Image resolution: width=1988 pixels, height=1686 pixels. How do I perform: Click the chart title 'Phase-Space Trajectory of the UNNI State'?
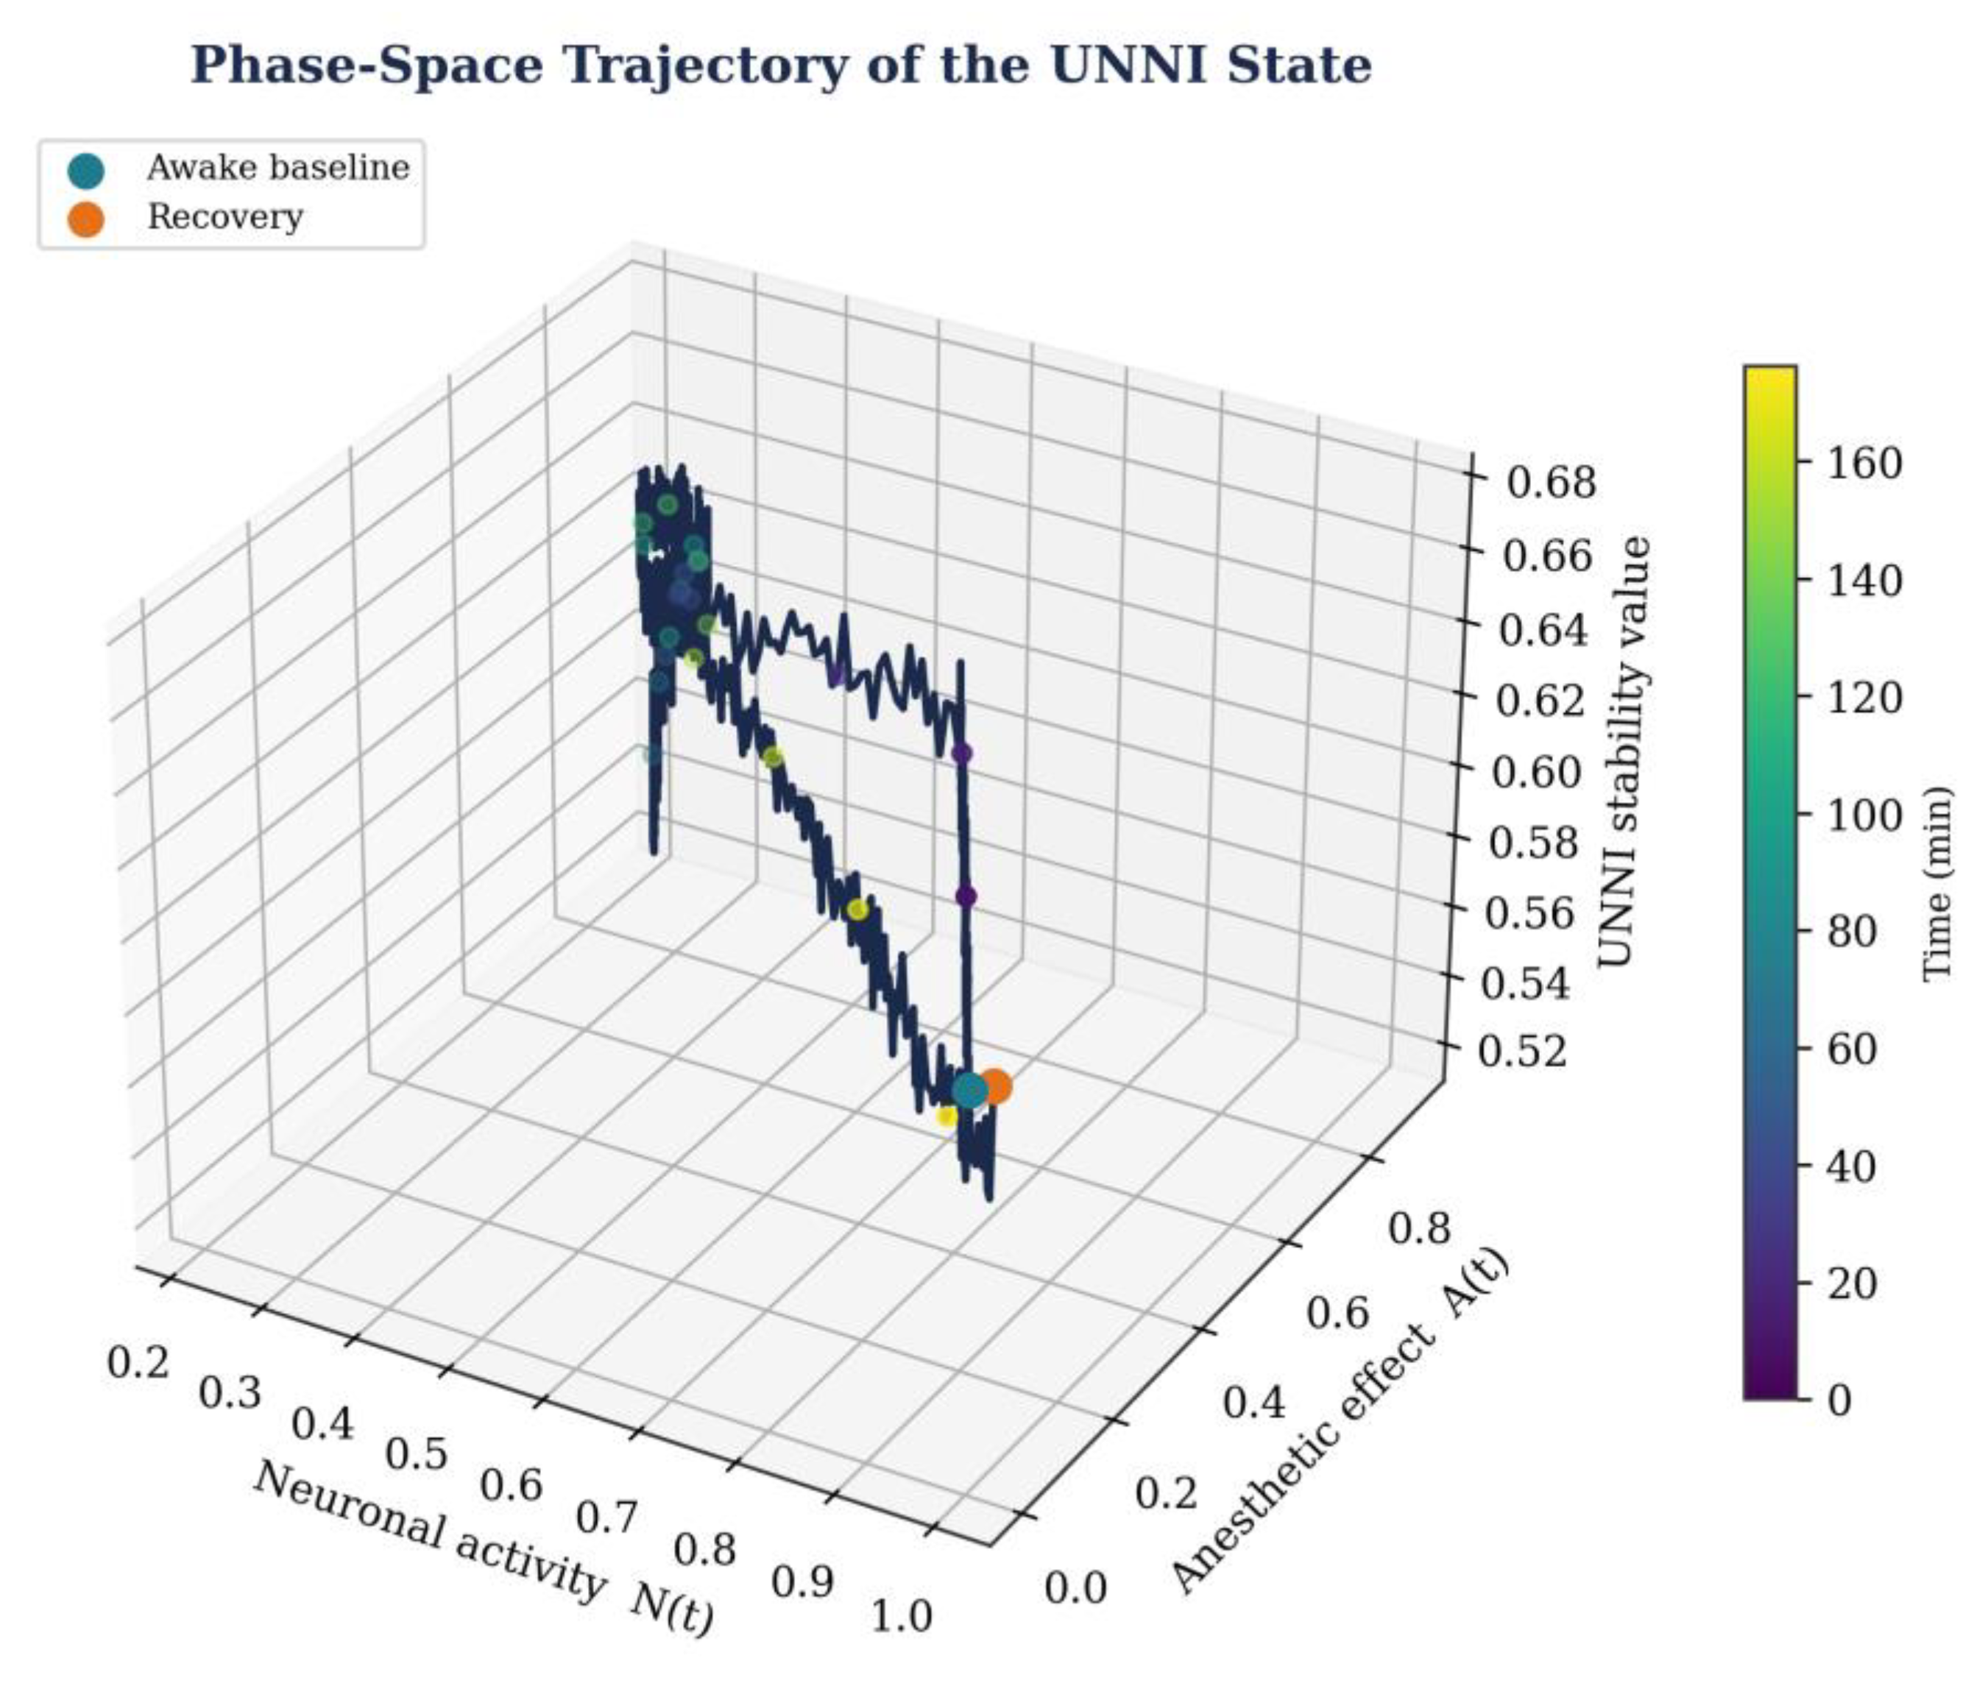click(x=781, y=66)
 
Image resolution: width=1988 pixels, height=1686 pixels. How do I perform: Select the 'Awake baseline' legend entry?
click(x=239, y=169)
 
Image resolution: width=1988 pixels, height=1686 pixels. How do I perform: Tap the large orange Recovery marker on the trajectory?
click(x=995, y=1087)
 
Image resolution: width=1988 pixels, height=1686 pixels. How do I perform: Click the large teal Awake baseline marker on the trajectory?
click(x=969, y=1090)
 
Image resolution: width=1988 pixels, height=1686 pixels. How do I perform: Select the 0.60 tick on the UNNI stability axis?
click(x=1538, y=771)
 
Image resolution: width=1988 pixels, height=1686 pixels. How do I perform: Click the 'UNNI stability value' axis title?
click(x=1626, y=751)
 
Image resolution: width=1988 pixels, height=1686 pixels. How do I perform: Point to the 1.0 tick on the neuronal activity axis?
click(x=902, y=1616)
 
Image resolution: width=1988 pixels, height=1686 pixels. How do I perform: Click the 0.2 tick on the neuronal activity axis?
click(x=138, y=1362)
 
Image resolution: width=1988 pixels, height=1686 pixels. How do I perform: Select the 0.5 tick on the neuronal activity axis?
click(x=416, y=1453)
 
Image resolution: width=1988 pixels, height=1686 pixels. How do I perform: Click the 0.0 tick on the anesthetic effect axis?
click(x=1076, y=1587)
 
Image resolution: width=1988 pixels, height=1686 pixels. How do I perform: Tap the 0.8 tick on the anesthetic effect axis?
click(x=1418, y=1228)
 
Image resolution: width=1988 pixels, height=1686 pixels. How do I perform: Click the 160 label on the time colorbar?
click(x=1864, y=464)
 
